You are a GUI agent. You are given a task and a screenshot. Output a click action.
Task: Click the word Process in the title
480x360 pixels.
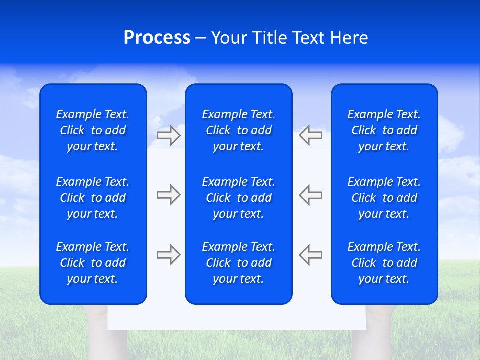pyautogui.click(x=157, y=38)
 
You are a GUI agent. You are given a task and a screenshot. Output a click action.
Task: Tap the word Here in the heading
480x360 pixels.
pyautogui.click(x=349, y=38)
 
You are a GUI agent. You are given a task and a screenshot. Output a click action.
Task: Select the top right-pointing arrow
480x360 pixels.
pyautogui.click(x=168, y=135)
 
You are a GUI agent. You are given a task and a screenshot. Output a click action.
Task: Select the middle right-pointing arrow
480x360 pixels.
pyautogui.click(x=168, y=195)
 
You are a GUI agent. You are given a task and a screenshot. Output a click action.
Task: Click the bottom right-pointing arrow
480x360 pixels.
pyautogui.click(x=168, y=255)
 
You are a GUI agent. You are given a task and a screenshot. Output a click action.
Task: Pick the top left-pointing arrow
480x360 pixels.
pyautogui.click(x=310, y=135)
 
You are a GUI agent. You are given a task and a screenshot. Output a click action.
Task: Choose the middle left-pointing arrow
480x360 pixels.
pyautogui.click(x=310, y=195)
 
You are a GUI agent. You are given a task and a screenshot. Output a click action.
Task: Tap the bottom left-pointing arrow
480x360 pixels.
pyautogui.click(x=310, y=255)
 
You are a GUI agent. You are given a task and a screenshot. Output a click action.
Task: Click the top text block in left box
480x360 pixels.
pyautogui.click(x=93, y=130)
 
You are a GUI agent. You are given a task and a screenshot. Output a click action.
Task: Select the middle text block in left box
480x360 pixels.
pyautogui.click(x=93, y=198)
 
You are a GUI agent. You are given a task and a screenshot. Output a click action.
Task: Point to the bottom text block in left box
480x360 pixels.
pyautogui.click(x=93, y=263)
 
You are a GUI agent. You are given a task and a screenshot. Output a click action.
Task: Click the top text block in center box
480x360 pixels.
pyautogui.click(x=238, y=130)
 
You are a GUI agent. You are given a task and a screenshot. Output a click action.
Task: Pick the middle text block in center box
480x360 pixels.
pyautogui.click(x=238, y=198)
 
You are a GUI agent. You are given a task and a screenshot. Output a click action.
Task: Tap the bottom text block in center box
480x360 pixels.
pyautogui.click(x=238, y=263)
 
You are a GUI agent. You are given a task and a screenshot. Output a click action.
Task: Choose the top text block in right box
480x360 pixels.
pyautogui.click(x=384, y=130)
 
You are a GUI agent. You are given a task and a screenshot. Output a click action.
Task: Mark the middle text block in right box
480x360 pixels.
pyautogui.click(x=384, y=198)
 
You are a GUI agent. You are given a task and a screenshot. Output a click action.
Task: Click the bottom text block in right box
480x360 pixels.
pyautogui.click(x=384, y=263)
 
